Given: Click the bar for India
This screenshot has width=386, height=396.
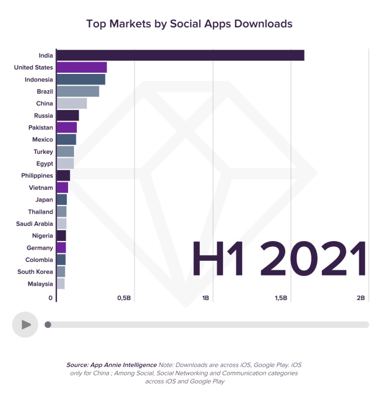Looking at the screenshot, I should point(180,55).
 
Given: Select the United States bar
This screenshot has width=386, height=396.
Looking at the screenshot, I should point(82,68).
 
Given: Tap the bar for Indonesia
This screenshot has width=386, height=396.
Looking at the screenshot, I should point(81,80).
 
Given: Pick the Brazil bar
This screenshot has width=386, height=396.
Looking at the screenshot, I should point(77,91).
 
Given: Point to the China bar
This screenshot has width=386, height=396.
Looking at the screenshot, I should point(72,104).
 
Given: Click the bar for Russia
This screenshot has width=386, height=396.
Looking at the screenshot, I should point(68,115).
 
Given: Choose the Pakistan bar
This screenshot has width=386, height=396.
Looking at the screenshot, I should point(66,128).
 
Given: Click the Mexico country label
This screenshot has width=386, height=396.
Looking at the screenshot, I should point(43,140).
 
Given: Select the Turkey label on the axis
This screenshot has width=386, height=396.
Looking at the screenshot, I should point(43,151).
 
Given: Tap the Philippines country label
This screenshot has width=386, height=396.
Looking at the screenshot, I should point(37,176).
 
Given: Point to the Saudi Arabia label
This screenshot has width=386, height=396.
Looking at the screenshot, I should point(34,224).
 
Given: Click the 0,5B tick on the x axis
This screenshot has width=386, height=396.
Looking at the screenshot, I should point(123,298).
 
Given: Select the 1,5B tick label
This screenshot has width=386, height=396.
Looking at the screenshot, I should point(281,298).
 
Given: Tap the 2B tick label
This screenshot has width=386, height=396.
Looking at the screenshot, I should point(360,298).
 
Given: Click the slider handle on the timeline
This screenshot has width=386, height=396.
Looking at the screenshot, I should point(48,325).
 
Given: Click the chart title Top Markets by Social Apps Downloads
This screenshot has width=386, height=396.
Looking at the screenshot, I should point(189,24).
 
